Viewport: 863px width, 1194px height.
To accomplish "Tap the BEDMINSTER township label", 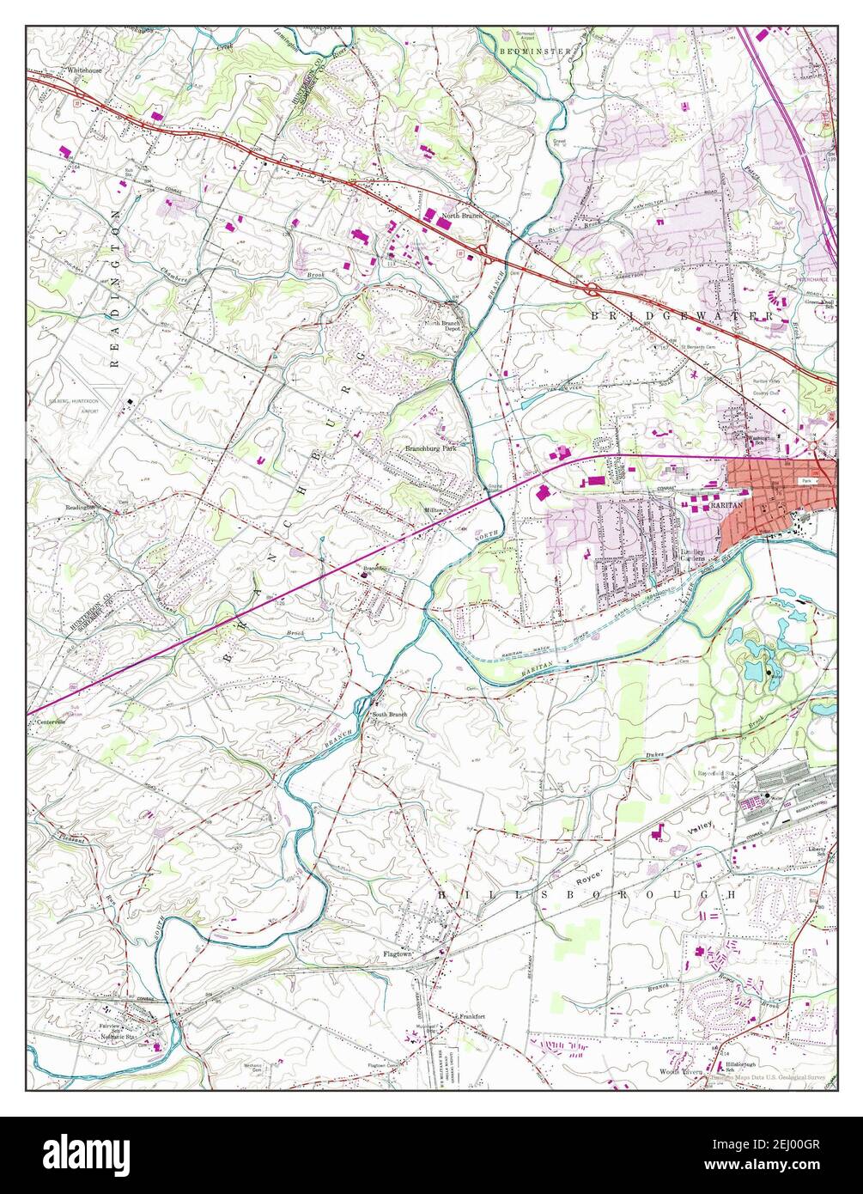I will point(534,52).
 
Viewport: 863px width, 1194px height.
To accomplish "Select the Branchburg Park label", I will point(431,448).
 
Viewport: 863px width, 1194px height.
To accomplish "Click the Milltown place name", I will point(435,509).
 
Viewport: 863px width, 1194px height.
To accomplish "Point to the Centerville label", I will point(51,722).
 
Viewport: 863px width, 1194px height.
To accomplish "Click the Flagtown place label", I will point(398,953).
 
